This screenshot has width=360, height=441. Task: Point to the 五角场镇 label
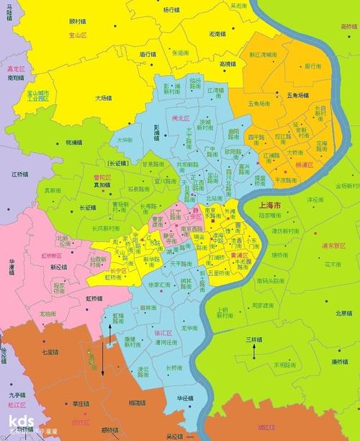pyautogui.click(x=298, y=95)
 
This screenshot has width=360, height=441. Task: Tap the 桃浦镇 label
pyautogui.click(x=74, y=142)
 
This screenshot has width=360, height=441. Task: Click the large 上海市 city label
pyautogui.click(x=272, y=205)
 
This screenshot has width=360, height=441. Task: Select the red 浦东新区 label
pyautogui.click(x=333, y=245)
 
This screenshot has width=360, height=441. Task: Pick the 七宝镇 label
pyautogui.click(x=50, y=352)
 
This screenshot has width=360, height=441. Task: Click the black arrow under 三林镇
pyautogui.click(x=253, y=351)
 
